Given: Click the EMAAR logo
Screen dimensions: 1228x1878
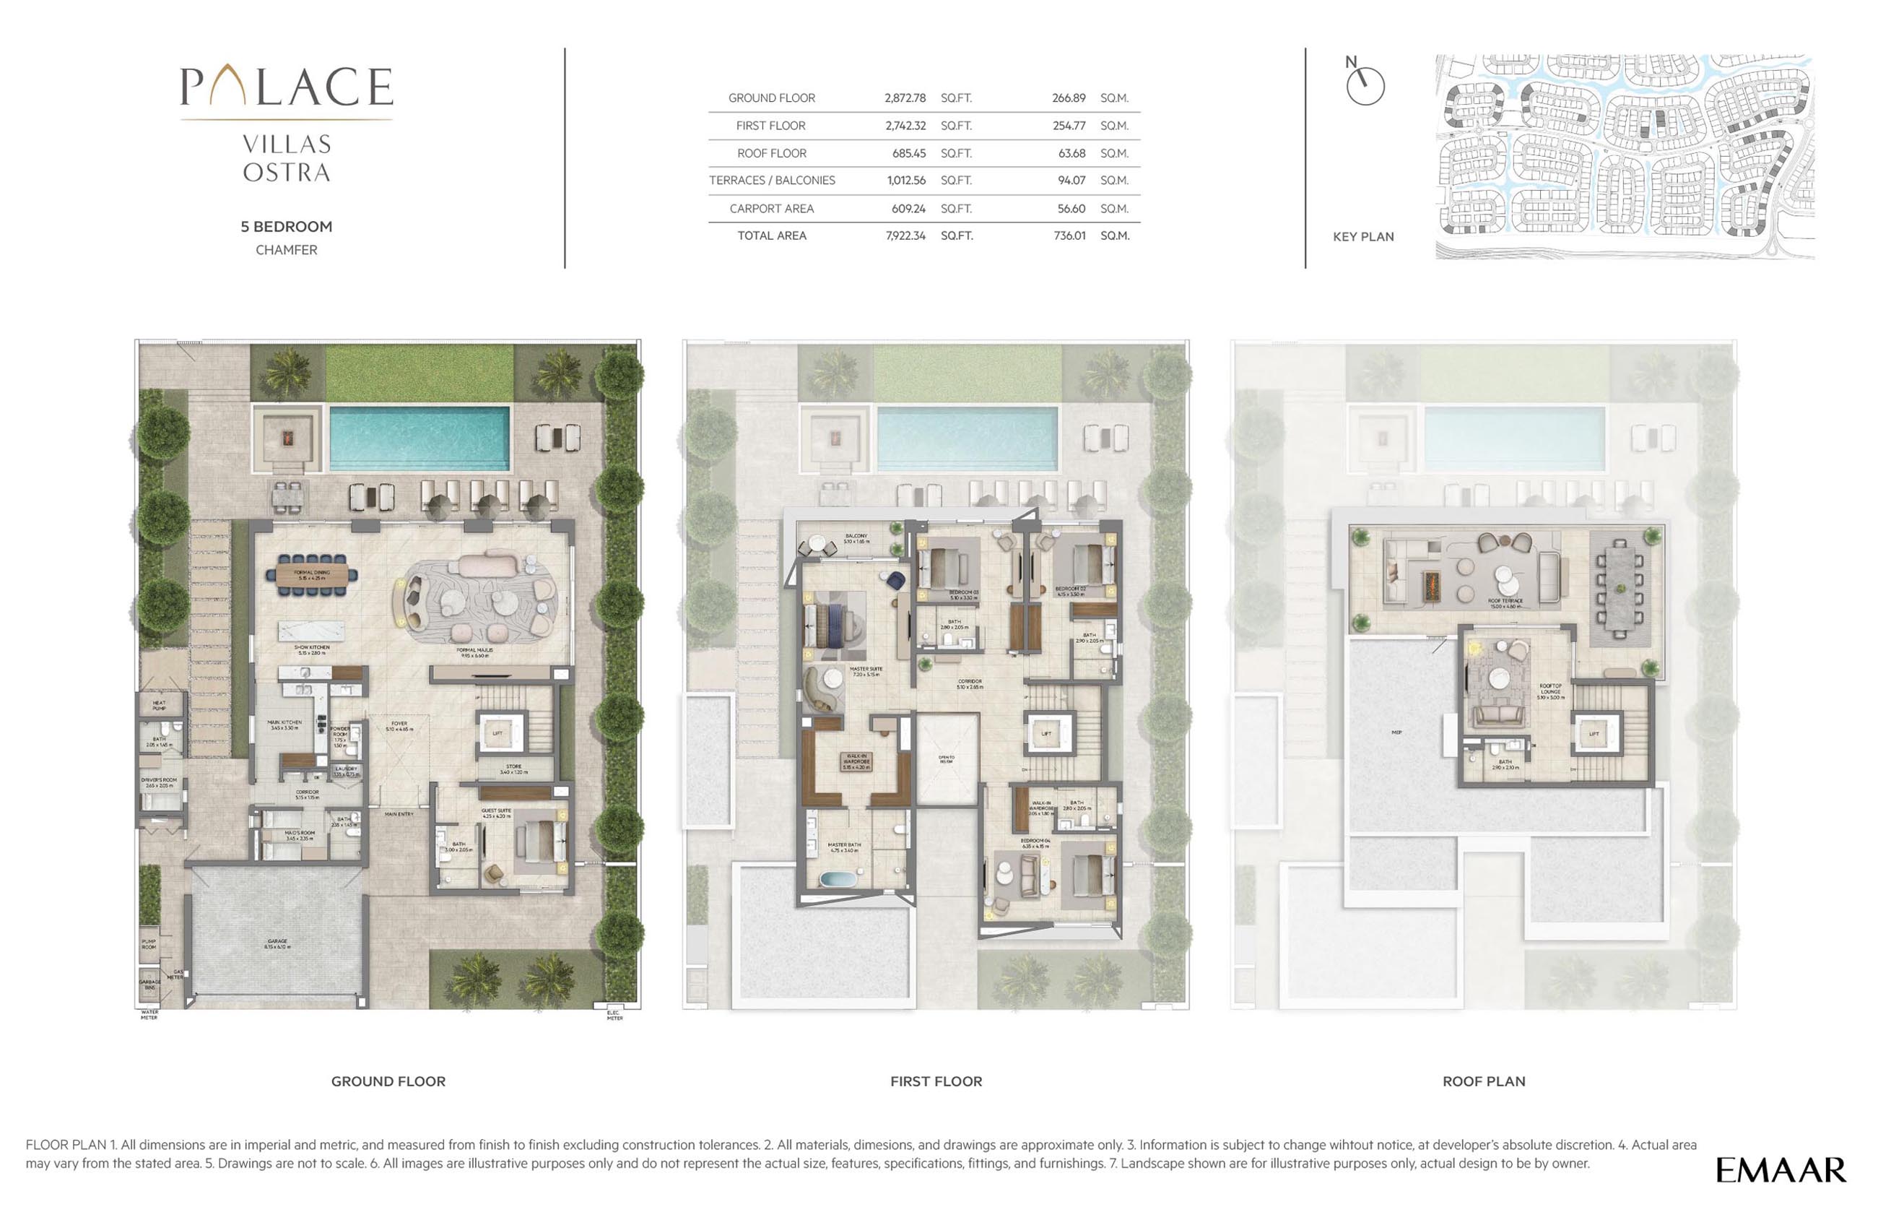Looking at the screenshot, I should tap(1780, 1170).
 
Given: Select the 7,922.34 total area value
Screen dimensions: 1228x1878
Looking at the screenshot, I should tap(905, 236).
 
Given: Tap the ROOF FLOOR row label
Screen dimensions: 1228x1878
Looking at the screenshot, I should tap(771, 153).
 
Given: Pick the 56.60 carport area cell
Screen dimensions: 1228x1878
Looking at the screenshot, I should tap(1071, 208).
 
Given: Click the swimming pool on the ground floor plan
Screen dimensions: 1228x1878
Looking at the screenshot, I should tap(419, 438).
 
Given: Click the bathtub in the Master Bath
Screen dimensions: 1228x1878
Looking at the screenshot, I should tap(835, 878).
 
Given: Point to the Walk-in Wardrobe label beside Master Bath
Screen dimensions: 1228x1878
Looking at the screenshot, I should tap(856, 761).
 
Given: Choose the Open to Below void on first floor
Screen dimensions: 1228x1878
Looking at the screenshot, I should tap(946, 759).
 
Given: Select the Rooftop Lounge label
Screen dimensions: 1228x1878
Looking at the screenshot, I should tap(1549, 691).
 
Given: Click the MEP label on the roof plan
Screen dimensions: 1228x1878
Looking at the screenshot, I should tap(1396, 732).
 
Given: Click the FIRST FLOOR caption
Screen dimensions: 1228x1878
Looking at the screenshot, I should tap(936, 1081).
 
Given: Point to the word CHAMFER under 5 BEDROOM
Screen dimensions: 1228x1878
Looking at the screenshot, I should tap(287, 250).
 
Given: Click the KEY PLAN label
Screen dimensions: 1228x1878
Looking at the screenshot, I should tap(1362, 237).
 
